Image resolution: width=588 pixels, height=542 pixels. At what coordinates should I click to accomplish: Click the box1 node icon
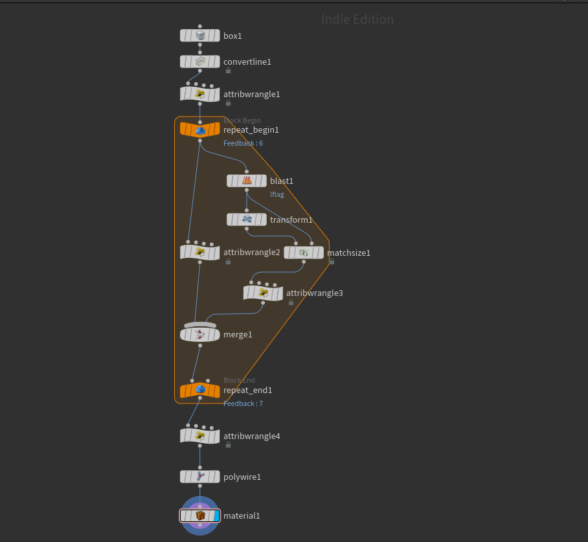pos(200,36)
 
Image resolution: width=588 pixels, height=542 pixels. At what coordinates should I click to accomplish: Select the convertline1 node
pos(200,62)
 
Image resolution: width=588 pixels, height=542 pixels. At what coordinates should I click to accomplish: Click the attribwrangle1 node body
pos(200,94)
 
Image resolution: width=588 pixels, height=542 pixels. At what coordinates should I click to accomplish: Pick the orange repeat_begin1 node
pos(200,130)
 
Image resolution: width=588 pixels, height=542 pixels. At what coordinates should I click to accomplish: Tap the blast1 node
pos(247,181)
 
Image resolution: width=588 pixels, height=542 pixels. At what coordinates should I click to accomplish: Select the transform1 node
pos(247,220)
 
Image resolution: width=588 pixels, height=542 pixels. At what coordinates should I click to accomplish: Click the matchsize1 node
pos(304,253)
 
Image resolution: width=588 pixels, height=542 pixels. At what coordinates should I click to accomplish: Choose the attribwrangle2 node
pos(200,252)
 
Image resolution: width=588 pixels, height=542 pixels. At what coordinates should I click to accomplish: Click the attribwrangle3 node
pos(263,293)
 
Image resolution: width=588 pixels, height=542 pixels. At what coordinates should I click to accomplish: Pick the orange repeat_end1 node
pos(200,390)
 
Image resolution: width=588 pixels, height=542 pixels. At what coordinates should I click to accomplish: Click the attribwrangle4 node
pos(200,436)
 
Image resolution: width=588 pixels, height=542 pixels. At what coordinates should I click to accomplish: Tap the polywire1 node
pos(200,477)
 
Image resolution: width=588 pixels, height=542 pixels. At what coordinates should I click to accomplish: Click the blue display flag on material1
pos(216,515)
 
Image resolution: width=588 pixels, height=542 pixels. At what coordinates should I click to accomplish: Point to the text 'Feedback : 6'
pos(243,143)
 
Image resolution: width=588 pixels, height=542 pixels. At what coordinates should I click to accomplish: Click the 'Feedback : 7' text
pos(243,403)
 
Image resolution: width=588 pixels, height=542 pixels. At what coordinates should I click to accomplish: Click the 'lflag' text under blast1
pos(277,194)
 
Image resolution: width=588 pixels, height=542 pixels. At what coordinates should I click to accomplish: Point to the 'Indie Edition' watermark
pos(357,19)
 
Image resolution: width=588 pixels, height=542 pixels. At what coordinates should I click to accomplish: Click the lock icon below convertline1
pos(228,71)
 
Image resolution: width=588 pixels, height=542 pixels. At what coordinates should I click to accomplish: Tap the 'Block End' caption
pos(239,380)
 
